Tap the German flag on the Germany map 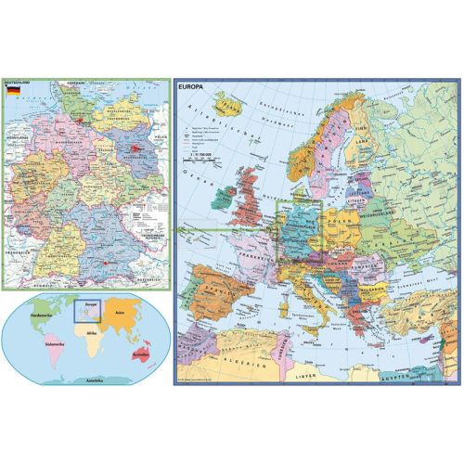12,93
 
